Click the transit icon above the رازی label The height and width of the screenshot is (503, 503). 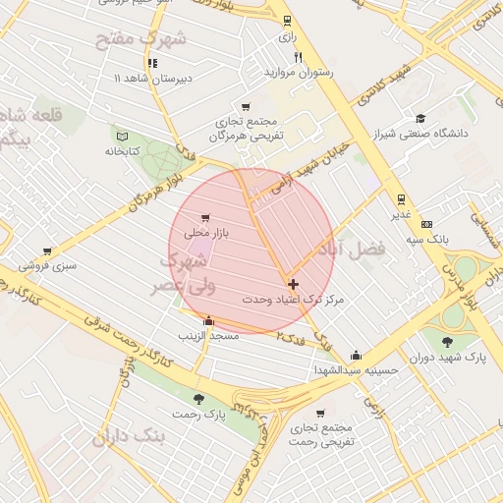tap(287, 21)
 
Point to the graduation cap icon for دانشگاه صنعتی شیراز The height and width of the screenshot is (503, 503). tap(421, 118)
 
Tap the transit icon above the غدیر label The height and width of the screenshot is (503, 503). tap(402, 198)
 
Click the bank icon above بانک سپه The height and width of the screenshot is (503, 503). tap(426, 223)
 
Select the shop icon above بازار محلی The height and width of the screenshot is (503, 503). tap(204, 218)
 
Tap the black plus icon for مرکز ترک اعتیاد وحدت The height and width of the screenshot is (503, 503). tap(293, 283)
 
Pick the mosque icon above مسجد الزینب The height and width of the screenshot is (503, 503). tap(207, 320)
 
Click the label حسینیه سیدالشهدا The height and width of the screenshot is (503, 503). tap(356, 370)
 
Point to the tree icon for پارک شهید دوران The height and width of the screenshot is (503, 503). tap(448, 341)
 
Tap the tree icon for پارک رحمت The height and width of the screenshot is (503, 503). tap(199, 399)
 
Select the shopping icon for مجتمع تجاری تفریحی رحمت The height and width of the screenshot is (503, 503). tap(320, 413)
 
